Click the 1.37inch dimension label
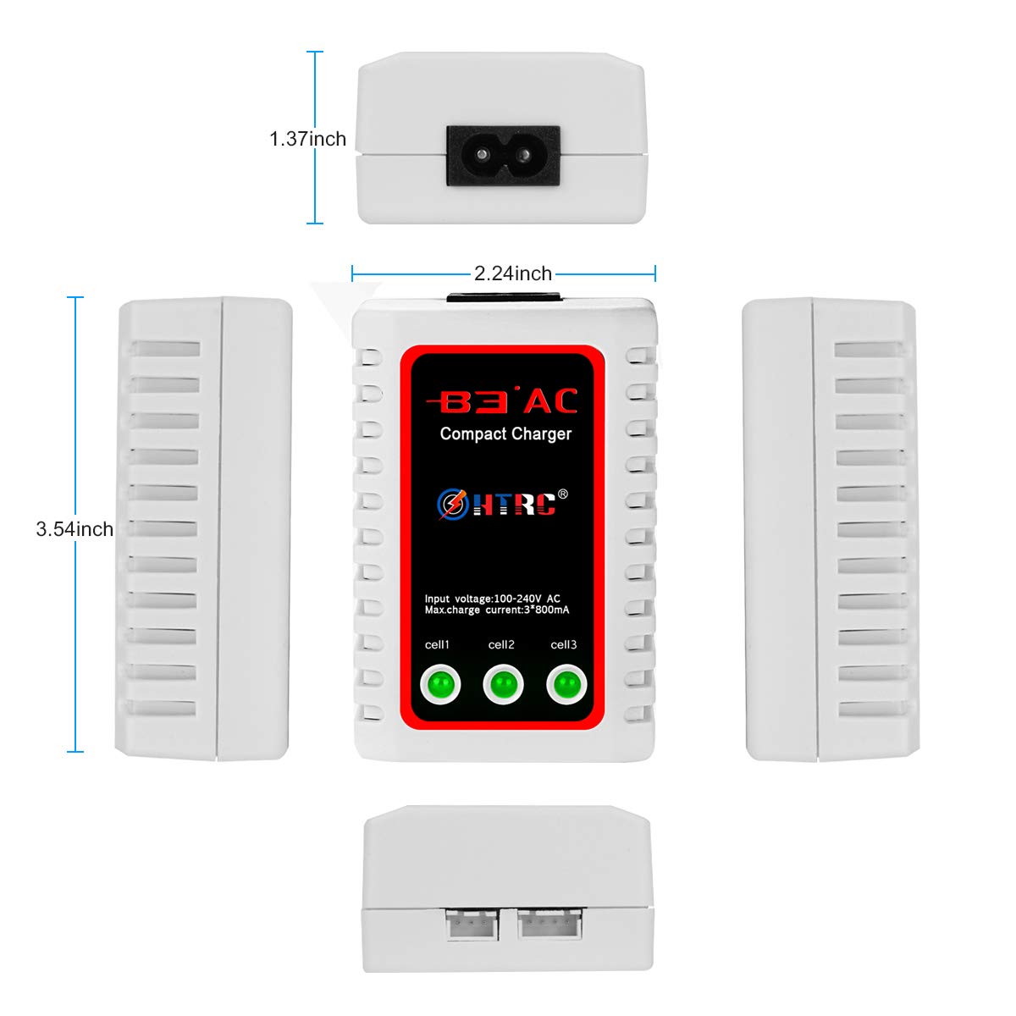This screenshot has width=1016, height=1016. pos(307,139)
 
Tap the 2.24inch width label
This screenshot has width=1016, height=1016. pos(512,273)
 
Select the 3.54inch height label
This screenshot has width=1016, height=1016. pos(75,529)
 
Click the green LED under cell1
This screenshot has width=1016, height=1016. pos(440,684)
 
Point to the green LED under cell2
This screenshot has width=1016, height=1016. pos(503,684)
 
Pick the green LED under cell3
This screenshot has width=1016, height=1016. pos(566,684)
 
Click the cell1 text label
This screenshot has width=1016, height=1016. pos(437,644)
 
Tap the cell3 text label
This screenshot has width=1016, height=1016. pos(564,644)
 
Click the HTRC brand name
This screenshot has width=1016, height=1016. pos(514,504)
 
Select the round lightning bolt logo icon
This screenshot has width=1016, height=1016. pos(453,504)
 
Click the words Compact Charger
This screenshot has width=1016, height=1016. pos(505,434)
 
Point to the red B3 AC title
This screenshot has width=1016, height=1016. pos(501,400)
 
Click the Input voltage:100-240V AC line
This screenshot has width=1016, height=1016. pos(493,599)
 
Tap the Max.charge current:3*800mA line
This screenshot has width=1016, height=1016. pos(497,610)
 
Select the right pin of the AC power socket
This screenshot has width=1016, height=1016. pos(524,155)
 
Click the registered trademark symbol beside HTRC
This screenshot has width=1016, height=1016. pos(562,494)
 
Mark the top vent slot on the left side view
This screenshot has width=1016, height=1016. pos(165,349)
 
